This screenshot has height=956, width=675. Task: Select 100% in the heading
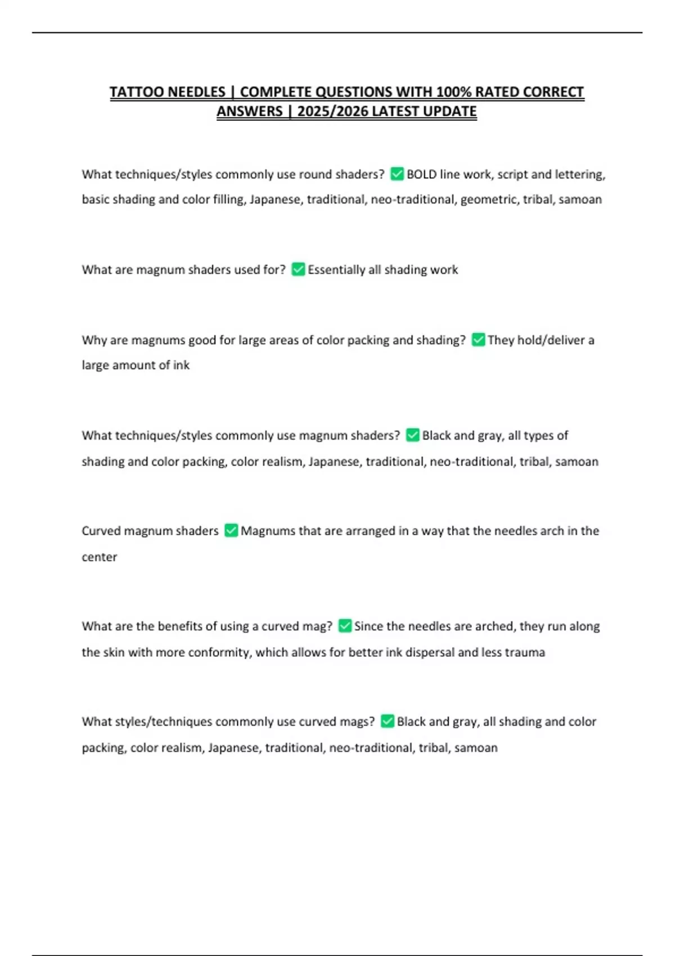click(454, 92)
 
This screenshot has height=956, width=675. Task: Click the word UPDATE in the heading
click(449, 111)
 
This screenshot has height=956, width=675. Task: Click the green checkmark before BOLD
click(397, 174)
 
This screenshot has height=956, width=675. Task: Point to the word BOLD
click(421, 174)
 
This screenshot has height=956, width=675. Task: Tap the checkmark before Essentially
click(298, 270)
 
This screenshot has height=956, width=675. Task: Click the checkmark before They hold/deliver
click(478, 340)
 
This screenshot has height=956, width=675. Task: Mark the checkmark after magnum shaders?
click(413, 435)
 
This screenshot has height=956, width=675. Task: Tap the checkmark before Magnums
click(231, 531)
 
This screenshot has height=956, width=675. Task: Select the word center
click(100, 557)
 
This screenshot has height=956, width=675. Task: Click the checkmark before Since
click(345, 626)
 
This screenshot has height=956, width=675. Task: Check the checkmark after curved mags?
click(388, 721)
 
